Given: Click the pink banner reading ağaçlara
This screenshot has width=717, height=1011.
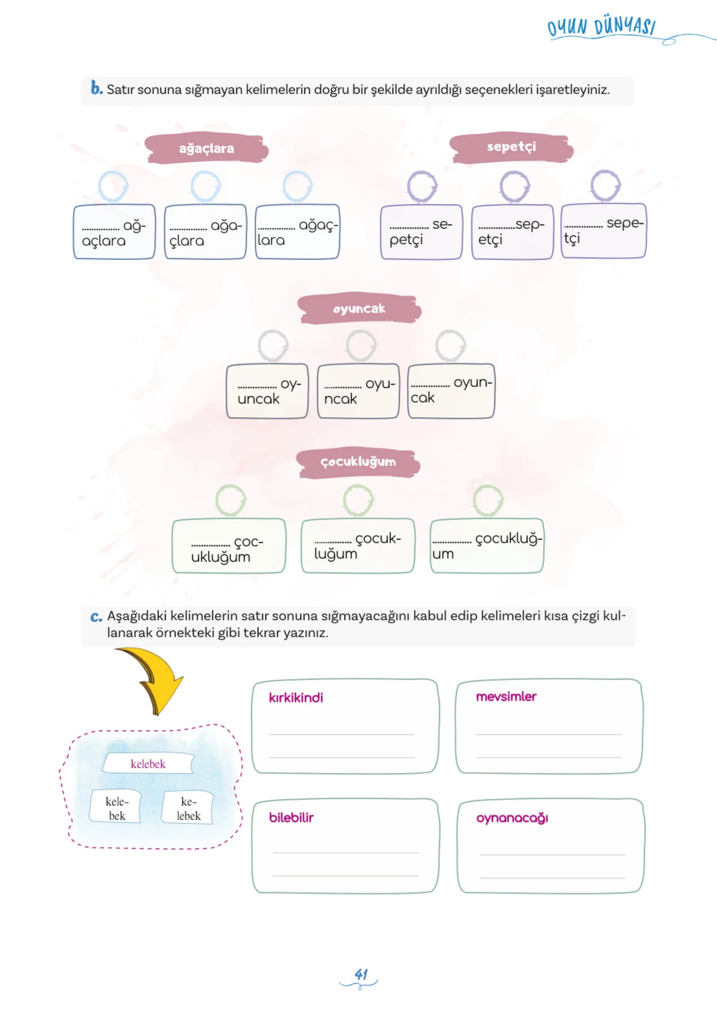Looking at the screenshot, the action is coord(206,148).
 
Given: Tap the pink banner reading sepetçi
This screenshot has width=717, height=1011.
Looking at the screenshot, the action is coord(511,147).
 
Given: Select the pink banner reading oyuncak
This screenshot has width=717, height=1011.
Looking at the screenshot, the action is coord(359,308).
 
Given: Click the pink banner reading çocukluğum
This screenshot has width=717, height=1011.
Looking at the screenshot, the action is coord(358,462).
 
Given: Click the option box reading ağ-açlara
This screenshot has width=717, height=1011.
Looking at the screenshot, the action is coord(115,232).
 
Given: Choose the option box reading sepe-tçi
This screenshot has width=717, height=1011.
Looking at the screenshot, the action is coord(603,231).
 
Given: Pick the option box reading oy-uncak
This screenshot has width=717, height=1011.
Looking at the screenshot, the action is coord(267,391).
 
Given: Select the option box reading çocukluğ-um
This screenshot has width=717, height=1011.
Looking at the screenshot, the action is coord(487,546).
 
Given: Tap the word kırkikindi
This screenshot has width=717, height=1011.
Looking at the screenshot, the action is coord(296,697).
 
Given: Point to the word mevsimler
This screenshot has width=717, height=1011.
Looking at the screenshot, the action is coord(506,696).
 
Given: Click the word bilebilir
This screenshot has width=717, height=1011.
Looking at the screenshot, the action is coord(291,817).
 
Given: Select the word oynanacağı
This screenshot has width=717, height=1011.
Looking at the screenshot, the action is coord(512,818).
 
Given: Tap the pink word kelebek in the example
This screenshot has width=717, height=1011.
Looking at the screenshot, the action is coord(148,764).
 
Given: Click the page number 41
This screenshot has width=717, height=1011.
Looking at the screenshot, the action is coord(361,974).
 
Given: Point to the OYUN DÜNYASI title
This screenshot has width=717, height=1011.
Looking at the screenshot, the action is coord(601,27).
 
